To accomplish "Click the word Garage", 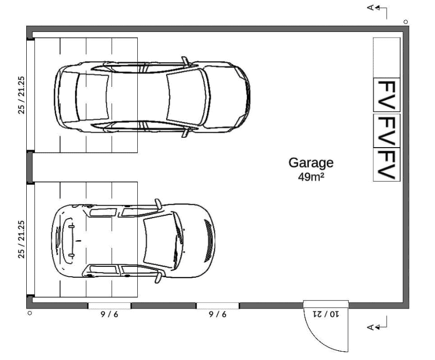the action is point(311,163).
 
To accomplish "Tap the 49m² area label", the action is point(311,177).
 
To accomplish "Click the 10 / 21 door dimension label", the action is point(326,314).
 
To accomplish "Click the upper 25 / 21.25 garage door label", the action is point(22,95).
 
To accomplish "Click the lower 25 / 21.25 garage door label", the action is point(22,239).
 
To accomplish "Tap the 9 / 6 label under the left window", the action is point(110,314).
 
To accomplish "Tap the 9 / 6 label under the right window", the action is point(217,314).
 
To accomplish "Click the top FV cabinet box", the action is point(387,95).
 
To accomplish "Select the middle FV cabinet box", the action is point(387,131).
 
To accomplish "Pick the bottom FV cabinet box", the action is point(387,165).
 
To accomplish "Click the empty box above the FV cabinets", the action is point(387,58).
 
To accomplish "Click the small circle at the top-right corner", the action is point(406,22).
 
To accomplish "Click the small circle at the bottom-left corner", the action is point(30,313).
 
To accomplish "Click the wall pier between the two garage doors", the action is point(30,167).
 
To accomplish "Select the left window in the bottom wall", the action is point(110,305).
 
